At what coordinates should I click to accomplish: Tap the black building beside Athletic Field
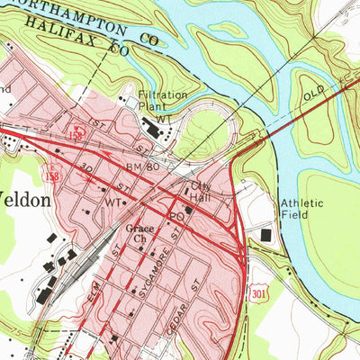point(265,235)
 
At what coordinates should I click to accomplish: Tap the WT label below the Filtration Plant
point(162,119)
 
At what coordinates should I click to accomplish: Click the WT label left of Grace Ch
point(112,203)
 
